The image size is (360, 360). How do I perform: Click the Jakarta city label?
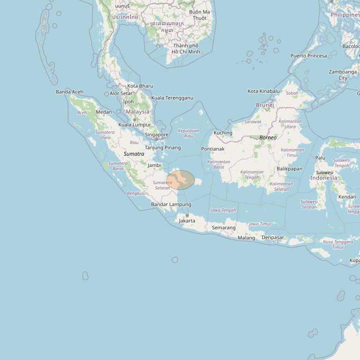pos(187,221)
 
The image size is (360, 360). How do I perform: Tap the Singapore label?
pos(157,135)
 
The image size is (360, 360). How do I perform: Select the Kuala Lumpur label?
pos(135,125)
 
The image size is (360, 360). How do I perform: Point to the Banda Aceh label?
pos(70,92)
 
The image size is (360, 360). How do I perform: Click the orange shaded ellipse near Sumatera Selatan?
pos(180,180)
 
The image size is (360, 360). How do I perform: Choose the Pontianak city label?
pos(213,149)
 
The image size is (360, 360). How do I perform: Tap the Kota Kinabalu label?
pos(263,91)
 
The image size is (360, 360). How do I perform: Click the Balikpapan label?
pos(290,169)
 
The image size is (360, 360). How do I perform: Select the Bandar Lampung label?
pos(171,205)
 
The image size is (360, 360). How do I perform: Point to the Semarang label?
pos(224,228)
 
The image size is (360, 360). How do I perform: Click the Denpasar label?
pos(273,237)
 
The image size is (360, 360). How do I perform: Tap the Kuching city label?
pos(223,133)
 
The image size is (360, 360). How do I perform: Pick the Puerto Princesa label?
pos(309,56)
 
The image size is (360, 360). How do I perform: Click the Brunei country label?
pos(264,105)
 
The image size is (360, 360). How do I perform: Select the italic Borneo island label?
pos(268,137)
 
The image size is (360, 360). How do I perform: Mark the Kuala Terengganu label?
pos(172,98)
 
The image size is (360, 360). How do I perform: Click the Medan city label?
pos(104,112)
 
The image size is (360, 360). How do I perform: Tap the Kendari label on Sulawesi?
pos(347,197)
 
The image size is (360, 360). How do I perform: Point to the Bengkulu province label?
pos(136,193)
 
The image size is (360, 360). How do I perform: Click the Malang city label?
pos(246,238)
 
